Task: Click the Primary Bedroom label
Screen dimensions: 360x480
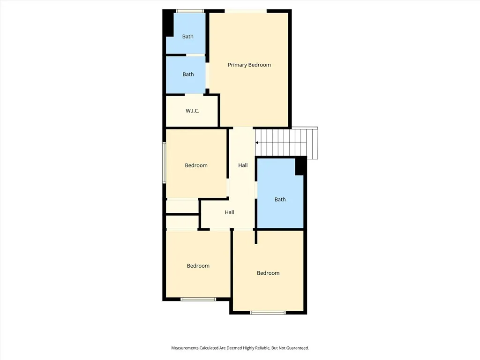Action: (249, 65)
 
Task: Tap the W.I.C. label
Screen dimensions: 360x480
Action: (192, 111)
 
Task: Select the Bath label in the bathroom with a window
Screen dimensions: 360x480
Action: (187, 37)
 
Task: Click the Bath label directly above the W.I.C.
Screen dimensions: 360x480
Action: (188, 74)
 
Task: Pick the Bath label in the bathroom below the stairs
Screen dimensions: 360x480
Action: (280, 199)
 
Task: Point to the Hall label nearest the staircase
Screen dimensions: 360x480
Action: (243, 165)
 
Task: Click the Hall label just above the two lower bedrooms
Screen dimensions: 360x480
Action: (229, 212)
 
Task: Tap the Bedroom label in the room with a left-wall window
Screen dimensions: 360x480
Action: (196, 165)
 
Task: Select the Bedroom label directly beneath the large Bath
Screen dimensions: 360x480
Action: (268, 273)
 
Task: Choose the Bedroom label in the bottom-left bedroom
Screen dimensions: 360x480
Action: (198, 266)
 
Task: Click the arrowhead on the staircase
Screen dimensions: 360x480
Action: (257, 142)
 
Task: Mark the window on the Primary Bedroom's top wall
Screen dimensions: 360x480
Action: (246, 11)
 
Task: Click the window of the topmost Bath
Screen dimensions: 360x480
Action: (190, 11)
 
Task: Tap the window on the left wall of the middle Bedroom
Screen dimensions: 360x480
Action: (164, 163)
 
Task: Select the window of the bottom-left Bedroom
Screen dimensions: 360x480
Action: (198, 299)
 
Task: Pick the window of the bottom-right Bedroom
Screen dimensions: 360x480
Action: (268, 312)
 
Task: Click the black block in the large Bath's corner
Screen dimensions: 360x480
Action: (300, 166)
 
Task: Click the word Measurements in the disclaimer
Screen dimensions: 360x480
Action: (187, 348)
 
